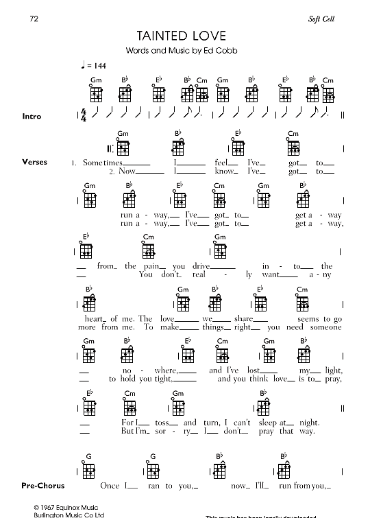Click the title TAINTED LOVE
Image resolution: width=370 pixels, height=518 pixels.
[x=180, y=36]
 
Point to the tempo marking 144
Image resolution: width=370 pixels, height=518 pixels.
[x=99, y=65]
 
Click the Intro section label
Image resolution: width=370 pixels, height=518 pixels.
[x=32, y=117]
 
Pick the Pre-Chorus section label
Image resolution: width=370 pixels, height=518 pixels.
[x=42, y=486]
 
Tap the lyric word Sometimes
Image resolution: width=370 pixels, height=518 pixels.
[x=101, y=163]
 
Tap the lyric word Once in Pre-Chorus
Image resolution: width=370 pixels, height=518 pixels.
[x=110, y=486]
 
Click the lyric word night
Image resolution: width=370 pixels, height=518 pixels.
[x=309, y=423]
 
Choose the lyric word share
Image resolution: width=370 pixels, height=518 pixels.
[x=241, y=319]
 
